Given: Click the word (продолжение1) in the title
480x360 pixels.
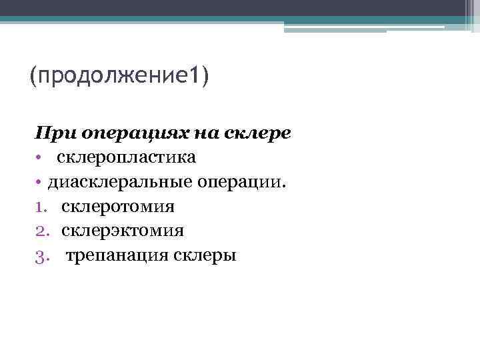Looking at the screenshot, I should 119,75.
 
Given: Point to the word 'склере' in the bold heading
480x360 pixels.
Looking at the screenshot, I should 256,133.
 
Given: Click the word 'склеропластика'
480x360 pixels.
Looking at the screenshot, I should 126,158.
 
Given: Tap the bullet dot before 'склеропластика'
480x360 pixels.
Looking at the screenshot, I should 40,158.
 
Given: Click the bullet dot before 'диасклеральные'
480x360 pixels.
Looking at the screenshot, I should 40,182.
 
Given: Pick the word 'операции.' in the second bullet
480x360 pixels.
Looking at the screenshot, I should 240,182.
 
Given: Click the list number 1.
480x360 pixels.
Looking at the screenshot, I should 41,207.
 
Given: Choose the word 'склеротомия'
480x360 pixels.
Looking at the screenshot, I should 118,207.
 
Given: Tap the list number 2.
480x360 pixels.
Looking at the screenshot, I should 41,231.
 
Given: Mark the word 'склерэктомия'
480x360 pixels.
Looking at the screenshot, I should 123,231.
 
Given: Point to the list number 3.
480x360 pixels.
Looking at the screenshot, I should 41,255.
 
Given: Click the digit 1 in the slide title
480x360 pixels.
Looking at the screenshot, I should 193,75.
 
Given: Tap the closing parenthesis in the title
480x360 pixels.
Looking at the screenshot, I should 203,75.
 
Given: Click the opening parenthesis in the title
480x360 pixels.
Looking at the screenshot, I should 33,75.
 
